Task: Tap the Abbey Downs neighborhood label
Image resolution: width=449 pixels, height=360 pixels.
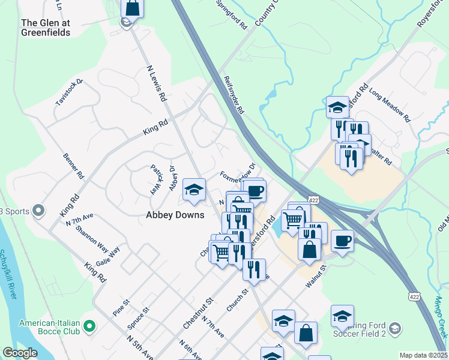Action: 175,215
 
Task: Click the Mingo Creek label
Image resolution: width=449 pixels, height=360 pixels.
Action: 440,312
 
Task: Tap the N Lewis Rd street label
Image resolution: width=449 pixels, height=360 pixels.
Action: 156,84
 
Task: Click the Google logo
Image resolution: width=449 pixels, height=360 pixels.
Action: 20,353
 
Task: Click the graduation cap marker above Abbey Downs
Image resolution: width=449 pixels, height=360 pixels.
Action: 194,190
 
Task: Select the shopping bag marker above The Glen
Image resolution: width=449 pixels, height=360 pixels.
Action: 133,8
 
